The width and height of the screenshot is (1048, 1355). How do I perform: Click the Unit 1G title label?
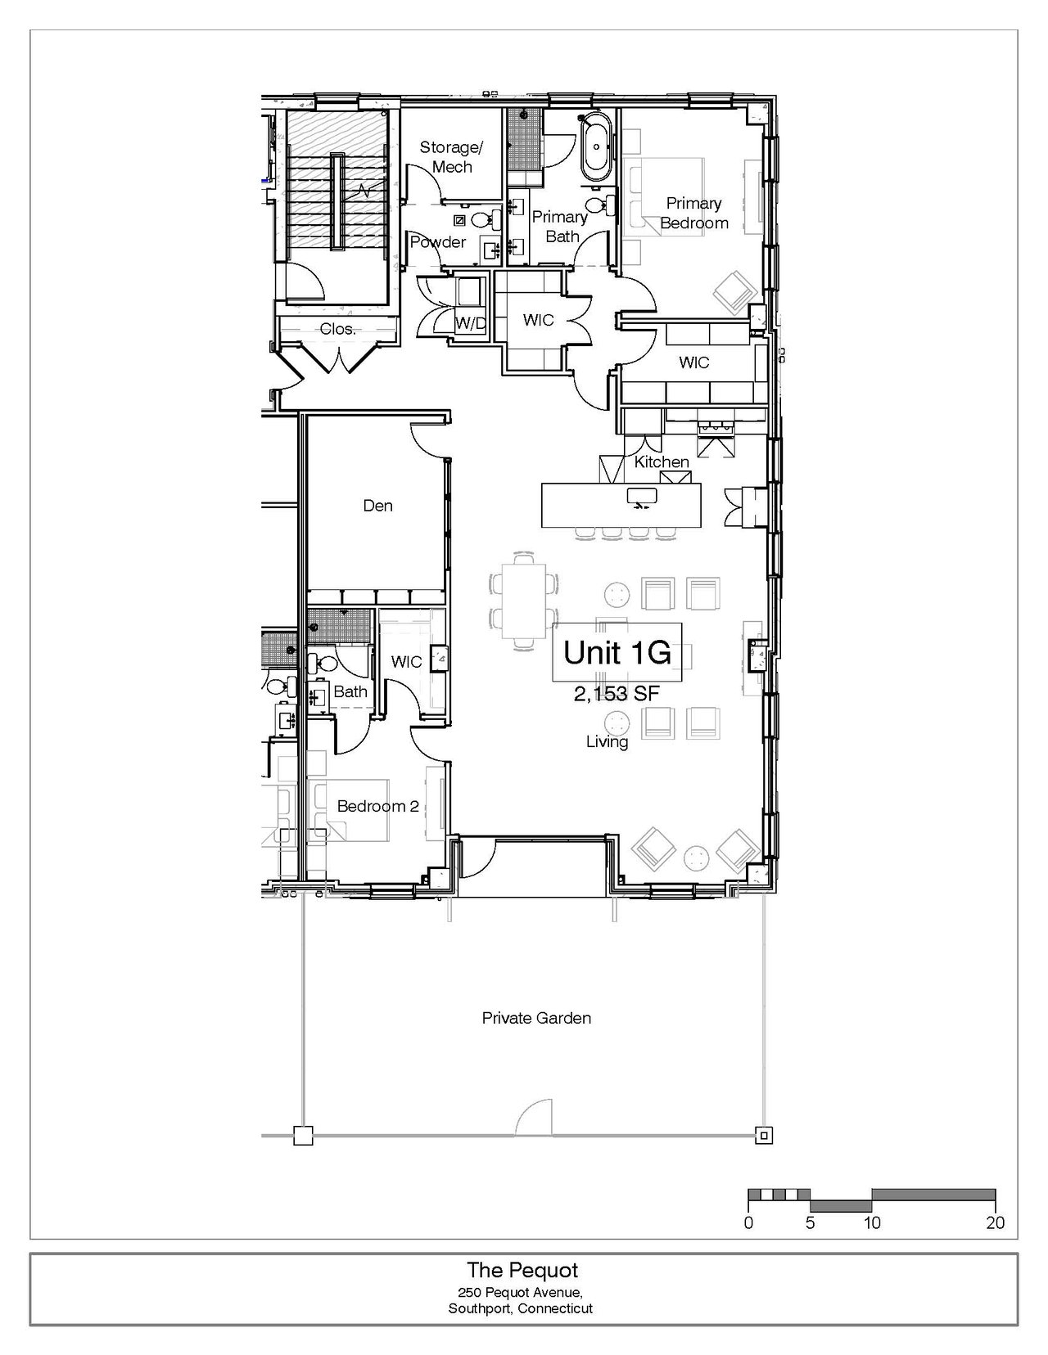617,652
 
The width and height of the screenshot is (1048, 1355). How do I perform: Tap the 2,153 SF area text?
617,693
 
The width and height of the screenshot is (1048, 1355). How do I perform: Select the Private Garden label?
536,1018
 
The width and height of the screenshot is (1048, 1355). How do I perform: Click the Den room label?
378,505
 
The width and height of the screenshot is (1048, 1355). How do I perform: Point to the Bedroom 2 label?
378,806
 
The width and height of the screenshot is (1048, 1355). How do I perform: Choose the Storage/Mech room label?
452,157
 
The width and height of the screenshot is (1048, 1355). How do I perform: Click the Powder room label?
438,242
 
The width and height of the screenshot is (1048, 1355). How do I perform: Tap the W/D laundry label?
470,323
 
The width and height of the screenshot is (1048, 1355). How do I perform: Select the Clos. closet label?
337,329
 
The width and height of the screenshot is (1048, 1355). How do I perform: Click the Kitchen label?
662,462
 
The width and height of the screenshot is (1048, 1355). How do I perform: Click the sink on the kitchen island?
642,497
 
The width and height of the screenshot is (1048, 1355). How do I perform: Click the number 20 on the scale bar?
996,1222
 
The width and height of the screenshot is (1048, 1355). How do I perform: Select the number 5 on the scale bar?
810,1222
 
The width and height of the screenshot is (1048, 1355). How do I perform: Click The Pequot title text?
522,1270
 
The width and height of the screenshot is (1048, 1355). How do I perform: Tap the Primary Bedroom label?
693,213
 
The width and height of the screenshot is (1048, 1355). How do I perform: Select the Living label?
607,742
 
